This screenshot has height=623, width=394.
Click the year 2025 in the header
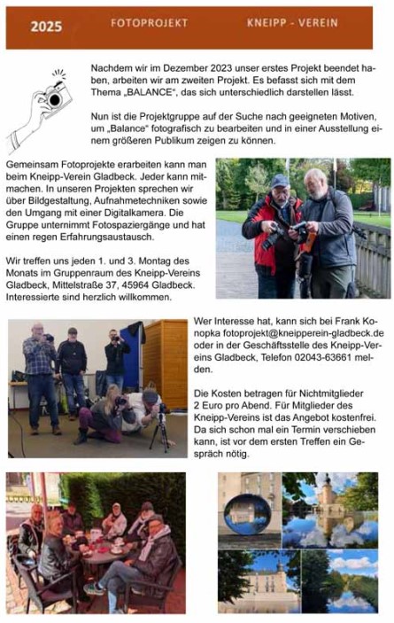click(47, 27)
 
